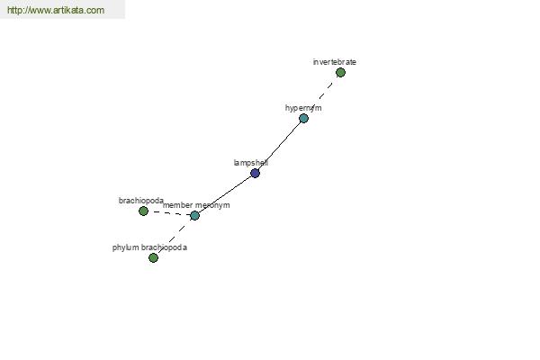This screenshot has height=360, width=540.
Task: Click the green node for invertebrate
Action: click(340, 72)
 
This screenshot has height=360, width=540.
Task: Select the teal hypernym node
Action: click(303, 119)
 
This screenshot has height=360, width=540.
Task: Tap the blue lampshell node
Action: click(255, 173)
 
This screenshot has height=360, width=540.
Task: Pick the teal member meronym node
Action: click(194, 216)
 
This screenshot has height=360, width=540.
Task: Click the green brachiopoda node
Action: click(143, 211)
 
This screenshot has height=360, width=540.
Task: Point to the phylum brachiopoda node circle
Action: click(153, 257)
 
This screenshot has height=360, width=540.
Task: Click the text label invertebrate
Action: click(335, 62)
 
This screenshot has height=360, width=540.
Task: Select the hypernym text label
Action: click(303, 108)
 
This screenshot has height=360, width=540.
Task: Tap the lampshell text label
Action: click(251, 163)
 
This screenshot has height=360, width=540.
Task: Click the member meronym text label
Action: click(196, 205)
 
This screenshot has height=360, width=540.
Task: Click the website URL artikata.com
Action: click(56, 10)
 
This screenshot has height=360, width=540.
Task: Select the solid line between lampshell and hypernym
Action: click(279, 145)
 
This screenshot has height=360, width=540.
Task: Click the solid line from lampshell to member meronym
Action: click(225, 193)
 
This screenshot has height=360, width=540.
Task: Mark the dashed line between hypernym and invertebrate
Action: click(322, 95)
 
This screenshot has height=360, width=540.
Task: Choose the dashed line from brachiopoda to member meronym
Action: click(169, 213)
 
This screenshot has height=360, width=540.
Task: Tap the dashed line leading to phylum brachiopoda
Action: click(174, 237)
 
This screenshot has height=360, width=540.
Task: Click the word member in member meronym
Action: click(177, 205)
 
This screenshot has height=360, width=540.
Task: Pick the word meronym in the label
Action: click(212, 205)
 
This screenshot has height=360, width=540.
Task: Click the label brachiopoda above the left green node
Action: click(141, 201)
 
